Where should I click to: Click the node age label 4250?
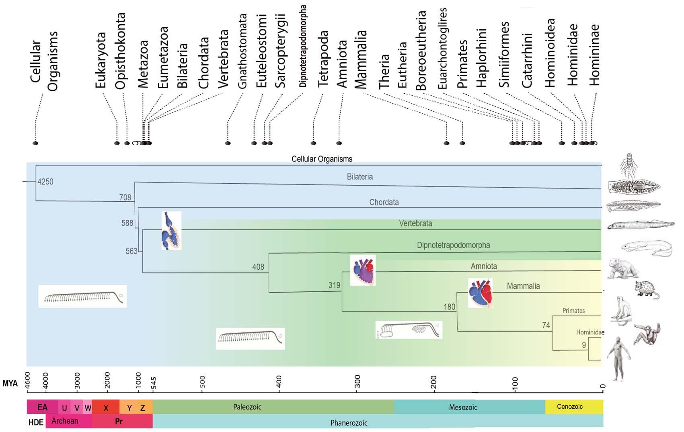click(45, 182)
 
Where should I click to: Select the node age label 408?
click(258, 267)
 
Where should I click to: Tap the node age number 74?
click(546, 325)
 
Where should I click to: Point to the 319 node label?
click(334, 285)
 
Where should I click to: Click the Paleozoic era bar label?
click(247, 407)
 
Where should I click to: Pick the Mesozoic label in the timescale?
click(463, 407)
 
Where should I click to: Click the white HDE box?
click(36, 422)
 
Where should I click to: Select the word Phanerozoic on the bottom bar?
click(349, 423)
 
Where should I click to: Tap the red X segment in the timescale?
click(106, 407)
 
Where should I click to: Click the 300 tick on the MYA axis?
click(357, 380)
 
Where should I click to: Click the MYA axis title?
click(10, 383)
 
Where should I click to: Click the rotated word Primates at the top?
click(462, 64)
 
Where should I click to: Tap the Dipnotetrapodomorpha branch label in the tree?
click(453, 245)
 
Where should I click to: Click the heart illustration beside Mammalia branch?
click(480, 293)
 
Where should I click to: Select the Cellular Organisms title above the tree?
click(322, 159)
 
